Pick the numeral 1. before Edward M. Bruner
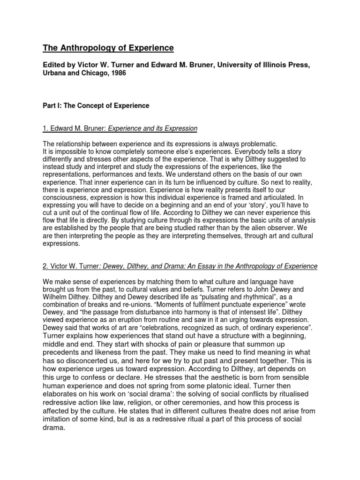(x=45, y=128)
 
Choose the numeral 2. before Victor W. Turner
(x=45, y=266)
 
